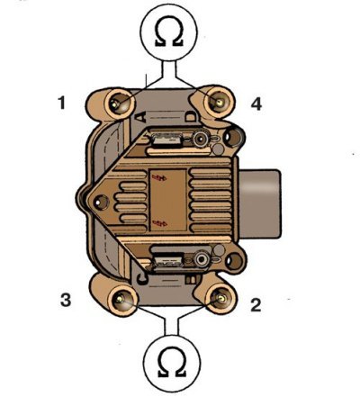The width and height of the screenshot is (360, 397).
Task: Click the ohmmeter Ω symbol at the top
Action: click(x=169, y=33)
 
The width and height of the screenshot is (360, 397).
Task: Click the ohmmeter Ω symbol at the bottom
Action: click(x=172, y=362)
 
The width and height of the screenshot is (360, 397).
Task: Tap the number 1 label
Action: click(x=62, y=103)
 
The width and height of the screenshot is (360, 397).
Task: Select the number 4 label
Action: click(x=256, y=104)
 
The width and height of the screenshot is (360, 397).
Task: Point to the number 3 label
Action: click(x=66, y=300)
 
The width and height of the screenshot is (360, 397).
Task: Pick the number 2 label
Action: click(x=256, y=305)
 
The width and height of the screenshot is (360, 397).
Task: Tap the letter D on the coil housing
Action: click(x=190, y=116)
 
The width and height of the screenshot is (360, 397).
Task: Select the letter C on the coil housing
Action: click(x=142, y=277)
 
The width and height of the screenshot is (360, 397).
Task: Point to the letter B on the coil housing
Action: click(x=190, y=280)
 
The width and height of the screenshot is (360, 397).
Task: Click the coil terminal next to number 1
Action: click(x=118, y=104)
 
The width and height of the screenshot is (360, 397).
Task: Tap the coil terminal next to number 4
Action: click(x=219, y=103)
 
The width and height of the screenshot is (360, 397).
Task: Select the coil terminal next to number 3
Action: click(x=122, y=299)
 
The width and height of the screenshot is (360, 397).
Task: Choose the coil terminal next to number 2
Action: click(x=220, y=298)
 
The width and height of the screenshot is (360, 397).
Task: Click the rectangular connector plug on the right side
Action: click(x=260, y=203)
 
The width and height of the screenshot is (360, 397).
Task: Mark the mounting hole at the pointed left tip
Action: click(x=100, y=202)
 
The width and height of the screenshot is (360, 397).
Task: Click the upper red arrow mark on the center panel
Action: click(x=159, y=178)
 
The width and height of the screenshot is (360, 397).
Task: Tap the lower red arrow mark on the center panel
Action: click(x=160, y=222)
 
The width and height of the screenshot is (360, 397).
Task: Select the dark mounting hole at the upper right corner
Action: click(x=233, y=138)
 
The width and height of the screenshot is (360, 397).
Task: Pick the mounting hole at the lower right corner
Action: click(x=234, y=261)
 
